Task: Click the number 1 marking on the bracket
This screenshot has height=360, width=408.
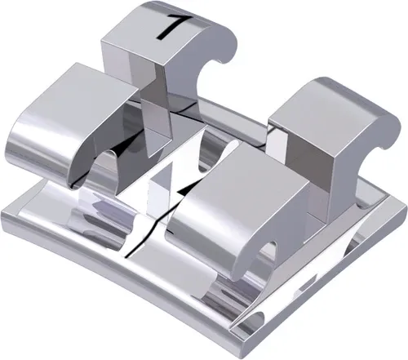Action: [171, 25]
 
